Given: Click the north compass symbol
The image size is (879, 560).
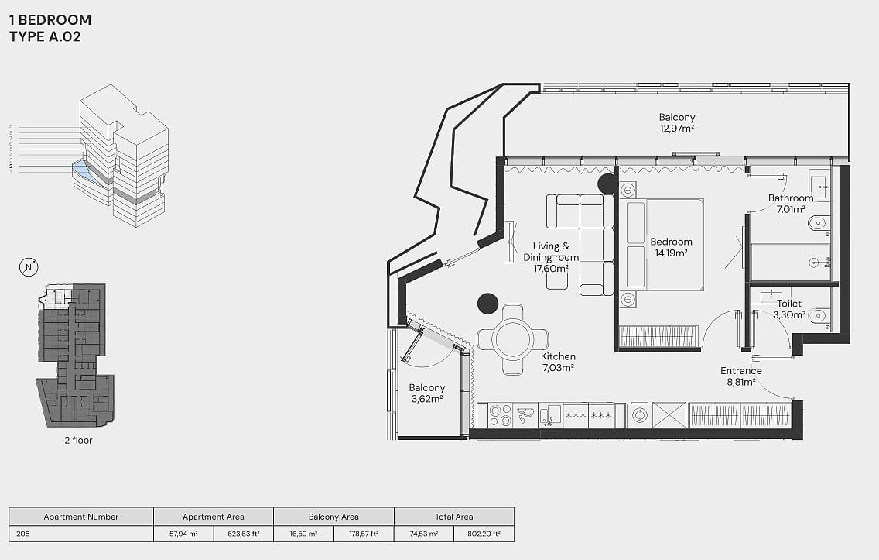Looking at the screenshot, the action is tap(29, 267).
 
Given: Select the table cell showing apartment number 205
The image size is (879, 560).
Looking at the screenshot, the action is tap(81, 534).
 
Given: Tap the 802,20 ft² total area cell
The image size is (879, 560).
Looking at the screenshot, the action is tap(484, 534).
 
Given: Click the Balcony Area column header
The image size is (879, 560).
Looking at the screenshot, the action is tap(333, 517).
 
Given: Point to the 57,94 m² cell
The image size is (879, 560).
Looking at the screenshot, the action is tap(184, 534).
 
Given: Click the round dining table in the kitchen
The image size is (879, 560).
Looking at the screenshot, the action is tap(512, 339).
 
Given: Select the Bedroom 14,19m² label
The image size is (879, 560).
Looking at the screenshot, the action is tap(671, 247).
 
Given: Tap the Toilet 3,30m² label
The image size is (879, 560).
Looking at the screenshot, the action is tap(788, 309).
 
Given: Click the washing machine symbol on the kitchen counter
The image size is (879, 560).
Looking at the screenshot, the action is tap(640, 415).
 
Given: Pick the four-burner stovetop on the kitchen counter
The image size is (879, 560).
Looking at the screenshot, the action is tap(500, 415).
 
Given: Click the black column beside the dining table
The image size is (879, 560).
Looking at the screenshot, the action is tap(487, 304).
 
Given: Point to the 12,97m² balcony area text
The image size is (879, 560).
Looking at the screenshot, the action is tap(677, 129).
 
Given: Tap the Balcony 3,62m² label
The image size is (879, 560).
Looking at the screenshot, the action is tap(427, 393).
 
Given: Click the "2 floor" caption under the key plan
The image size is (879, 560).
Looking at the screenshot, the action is tap(78, 441).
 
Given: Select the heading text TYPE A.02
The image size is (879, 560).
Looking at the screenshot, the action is tap(45, 37).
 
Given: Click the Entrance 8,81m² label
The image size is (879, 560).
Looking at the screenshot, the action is tap(741, 376).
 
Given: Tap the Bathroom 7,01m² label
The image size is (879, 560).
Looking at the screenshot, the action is tap(791, 204).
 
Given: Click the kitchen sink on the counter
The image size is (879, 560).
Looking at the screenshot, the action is tap(550, 415).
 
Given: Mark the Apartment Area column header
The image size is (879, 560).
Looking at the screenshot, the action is tap(214, 517).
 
